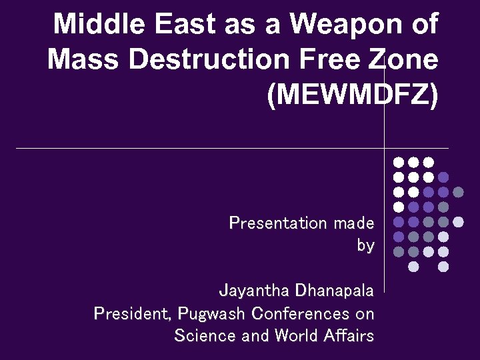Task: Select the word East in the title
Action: [178, 25]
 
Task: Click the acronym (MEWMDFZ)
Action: [353, 95]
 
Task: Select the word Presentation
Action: [278, 223]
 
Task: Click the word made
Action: [354, 223]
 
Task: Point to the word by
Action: [365, 245]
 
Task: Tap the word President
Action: [133, 313]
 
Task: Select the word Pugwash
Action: [211, 313]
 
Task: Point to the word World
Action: [291, 335]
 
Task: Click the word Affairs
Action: [349, 335]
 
